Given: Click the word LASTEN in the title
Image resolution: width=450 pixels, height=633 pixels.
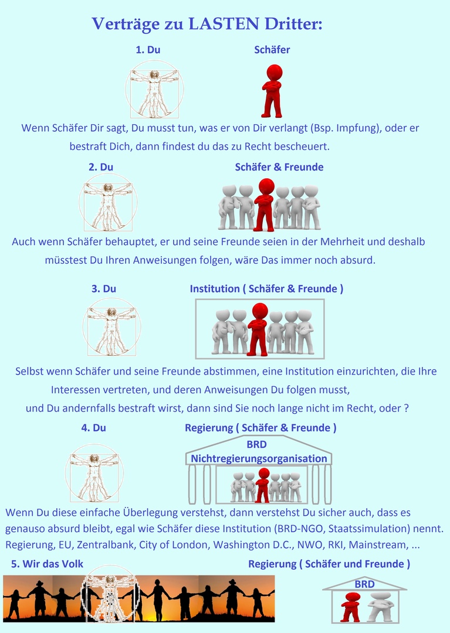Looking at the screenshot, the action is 224,24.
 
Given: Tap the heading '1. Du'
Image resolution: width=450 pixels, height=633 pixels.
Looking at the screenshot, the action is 148,50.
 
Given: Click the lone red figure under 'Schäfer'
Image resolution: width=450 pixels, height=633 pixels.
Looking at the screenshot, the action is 272,91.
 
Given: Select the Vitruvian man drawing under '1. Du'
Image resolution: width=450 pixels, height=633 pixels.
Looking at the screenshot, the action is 154,89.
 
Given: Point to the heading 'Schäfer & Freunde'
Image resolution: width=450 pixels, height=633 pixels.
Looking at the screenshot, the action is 279,167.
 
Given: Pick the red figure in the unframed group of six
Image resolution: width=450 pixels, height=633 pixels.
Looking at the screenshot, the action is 265,205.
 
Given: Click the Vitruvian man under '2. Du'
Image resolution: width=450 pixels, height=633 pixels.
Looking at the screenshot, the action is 108,202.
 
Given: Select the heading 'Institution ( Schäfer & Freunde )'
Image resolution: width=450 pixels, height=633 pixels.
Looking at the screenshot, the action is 266,288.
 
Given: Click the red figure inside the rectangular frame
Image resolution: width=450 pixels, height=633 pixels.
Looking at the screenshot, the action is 258,329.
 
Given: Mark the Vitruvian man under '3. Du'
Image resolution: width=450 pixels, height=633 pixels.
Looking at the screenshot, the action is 112,327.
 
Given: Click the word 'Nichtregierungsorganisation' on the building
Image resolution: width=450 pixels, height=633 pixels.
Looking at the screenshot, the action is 259,458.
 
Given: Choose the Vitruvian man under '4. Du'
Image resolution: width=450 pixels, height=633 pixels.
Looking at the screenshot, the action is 94,473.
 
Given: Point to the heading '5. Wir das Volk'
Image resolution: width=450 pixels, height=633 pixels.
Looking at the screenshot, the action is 47,564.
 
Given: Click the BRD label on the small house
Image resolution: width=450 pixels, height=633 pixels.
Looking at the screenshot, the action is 365,584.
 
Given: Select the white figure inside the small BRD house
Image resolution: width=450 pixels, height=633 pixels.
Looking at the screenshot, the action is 381,607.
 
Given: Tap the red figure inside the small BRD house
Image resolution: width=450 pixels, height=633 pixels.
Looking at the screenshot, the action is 350,607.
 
